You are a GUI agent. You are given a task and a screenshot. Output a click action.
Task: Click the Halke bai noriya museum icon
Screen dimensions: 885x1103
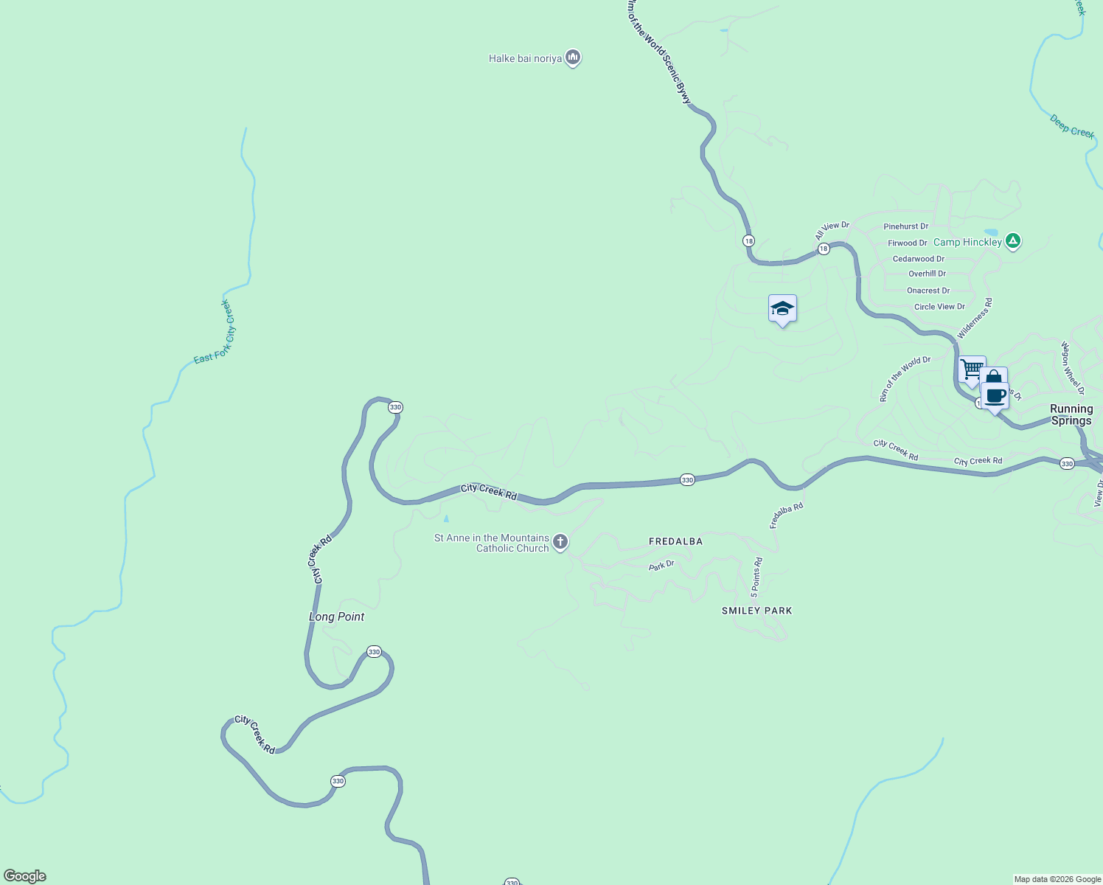tap(573, 58)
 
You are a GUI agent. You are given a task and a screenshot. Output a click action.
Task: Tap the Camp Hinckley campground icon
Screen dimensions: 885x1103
tap(1014, 241)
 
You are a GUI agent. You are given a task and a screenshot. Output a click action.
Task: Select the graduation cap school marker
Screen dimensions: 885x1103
tap(782, 309)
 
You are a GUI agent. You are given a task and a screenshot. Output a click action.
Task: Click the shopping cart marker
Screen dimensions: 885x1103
tap(972, 369)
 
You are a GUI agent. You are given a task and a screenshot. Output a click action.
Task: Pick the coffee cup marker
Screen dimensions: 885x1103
tap(995, 396)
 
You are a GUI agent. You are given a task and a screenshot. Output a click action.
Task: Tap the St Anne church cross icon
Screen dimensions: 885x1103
tap(560, 543)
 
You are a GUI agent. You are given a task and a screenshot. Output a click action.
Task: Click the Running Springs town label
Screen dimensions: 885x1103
tap(1071, 414)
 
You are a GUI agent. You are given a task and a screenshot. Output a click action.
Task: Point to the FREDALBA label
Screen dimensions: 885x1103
tap(675, 541)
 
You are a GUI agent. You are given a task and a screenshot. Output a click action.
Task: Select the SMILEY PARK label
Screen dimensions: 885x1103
tap(756, 611)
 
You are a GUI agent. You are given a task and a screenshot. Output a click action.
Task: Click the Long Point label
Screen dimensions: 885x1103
tap(336, 617)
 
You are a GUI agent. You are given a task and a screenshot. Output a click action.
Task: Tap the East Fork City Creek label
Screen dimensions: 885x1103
tap(215, 332)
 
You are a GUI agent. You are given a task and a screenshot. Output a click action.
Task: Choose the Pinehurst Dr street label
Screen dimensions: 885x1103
tap(905, 226)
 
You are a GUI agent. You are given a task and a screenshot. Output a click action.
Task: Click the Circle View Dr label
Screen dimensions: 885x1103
tap(939, 307)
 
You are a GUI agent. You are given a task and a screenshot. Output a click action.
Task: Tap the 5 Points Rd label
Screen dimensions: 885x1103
tap(756, 577)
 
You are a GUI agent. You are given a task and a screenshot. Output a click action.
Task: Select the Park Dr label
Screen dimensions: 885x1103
tap(661, 566)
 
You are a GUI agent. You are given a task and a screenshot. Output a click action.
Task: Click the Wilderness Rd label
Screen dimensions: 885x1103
tap(975, 319)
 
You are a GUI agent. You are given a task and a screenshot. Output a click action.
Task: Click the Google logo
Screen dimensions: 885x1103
tap(25, 876)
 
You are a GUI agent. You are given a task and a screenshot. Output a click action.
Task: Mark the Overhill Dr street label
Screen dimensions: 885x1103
tap(927, 274)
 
